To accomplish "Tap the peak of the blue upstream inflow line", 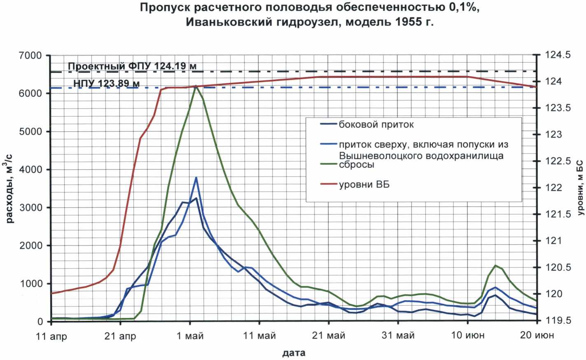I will click(196, 178).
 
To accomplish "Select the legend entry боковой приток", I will click(376, 124).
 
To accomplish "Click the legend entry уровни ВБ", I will click(364, 185).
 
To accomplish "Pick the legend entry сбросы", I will click(356, 164).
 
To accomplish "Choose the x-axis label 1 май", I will click(190, 336).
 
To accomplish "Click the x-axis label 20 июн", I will click(537, 335).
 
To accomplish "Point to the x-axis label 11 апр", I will click(51, 336).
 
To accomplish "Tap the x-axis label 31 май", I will click(398, 336).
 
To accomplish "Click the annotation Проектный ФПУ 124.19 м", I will click(132, 66).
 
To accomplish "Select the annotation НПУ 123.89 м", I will click(106, 84).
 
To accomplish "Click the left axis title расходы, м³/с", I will click(10, 187).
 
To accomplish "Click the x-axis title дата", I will click(294, 353).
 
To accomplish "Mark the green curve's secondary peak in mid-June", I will click(495, 265).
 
